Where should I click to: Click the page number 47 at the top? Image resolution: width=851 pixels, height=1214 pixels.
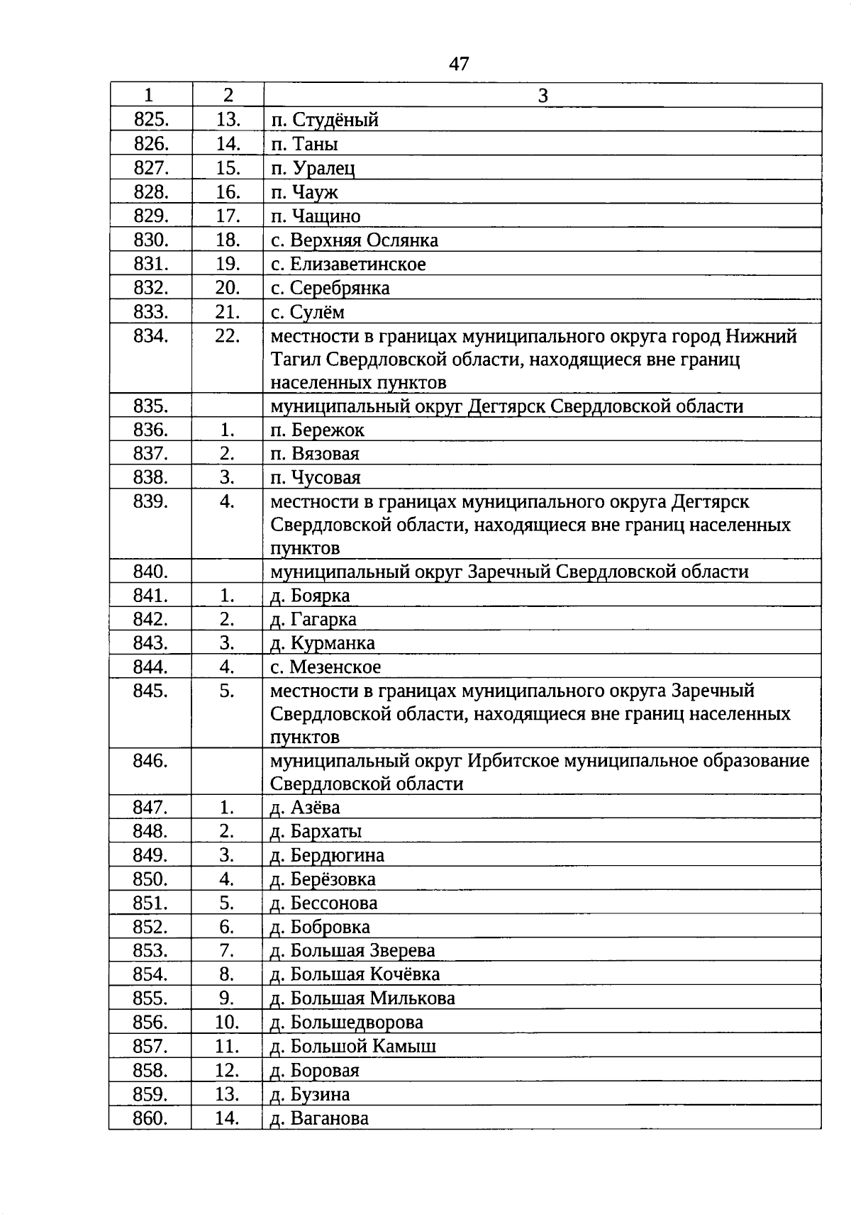coord(459,64)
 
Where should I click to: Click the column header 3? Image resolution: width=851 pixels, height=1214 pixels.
coord(543,96)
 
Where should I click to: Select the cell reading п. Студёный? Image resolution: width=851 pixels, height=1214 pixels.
coord(325,120)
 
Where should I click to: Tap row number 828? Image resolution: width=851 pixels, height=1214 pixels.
coord(151,192)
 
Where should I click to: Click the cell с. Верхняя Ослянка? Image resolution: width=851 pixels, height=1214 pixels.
coord(355,240)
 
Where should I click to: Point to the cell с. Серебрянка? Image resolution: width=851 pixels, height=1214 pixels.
coord(330,288)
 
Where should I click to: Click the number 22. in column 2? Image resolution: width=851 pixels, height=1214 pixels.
coord(227,336)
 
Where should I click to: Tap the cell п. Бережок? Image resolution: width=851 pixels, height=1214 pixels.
coord(318,430)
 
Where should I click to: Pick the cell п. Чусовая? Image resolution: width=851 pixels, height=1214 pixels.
coord(316,478)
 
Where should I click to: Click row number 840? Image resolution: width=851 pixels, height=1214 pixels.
coord(150,572)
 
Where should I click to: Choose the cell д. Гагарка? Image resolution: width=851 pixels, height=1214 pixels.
coord(313,620)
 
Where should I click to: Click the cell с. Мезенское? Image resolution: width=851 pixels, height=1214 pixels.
coord(326,667)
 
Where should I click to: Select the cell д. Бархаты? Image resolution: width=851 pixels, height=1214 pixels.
coord(316,831)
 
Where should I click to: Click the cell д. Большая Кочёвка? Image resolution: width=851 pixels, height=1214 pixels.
coord(355,974)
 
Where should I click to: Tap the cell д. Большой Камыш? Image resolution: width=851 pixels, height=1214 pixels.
coord(353,1046)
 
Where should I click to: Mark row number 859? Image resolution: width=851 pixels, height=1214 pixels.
coord(150,1094)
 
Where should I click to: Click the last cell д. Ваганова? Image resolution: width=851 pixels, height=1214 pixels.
coord(320,1118)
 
